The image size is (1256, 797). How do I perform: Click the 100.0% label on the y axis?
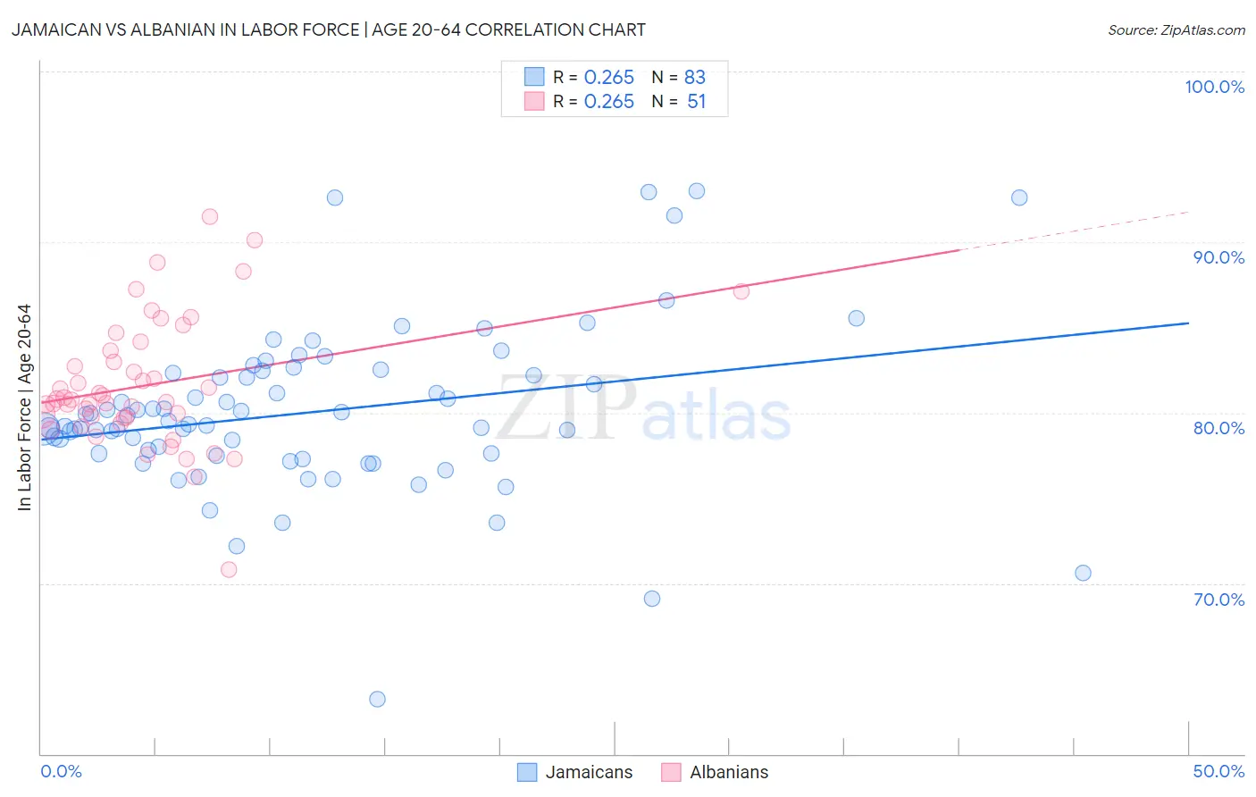(x=1214, y=87)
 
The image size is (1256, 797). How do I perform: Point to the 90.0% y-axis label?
(x=1218, y=257)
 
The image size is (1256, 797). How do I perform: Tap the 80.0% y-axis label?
(x=1218, y=428)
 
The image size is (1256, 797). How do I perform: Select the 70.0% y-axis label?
(x=1218, y=600)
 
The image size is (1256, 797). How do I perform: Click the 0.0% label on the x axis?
(x=61, y=771)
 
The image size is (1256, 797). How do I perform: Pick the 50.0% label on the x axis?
(x=1218, y=771)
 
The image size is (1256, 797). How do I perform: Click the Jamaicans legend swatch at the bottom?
(x=527, y=772)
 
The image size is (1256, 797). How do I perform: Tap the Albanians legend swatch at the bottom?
(x=671, y=772)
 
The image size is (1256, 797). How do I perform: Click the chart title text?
(x=328, y=29)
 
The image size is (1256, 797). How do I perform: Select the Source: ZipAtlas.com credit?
(x=1176, y=29)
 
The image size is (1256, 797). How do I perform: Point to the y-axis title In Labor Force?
(x=24, y=407)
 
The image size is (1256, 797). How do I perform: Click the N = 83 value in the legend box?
(x=679, y=77)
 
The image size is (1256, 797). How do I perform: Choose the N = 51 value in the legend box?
(x=679, y=102)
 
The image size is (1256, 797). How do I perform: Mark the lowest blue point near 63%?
(x=377, y=699)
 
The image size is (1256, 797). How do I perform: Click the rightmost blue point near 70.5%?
(x=1083, y=573)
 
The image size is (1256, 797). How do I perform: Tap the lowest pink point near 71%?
(x=229, y=569)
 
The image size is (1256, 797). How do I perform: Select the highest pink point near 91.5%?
(x=210, y=216)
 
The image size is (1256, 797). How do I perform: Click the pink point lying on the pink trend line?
(x=741, y=291)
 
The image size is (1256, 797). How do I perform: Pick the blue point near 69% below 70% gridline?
(x=652, y=599)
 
